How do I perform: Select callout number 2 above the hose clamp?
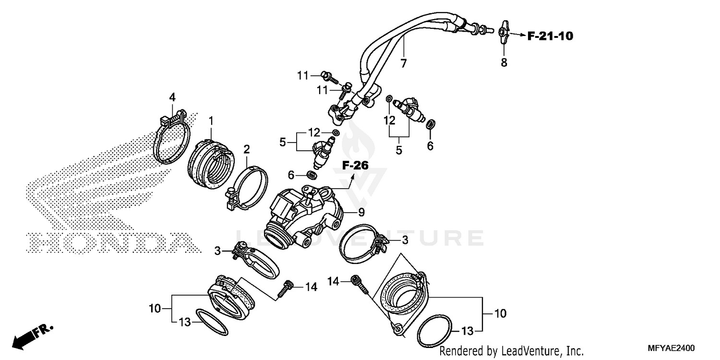pos(246,150)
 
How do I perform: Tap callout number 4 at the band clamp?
pos(172,97)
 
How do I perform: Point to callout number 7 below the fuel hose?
pos(403,63)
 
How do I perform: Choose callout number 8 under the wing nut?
pos(504,62)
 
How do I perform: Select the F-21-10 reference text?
pos(550,36)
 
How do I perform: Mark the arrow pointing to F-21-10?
pos(517,35)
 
